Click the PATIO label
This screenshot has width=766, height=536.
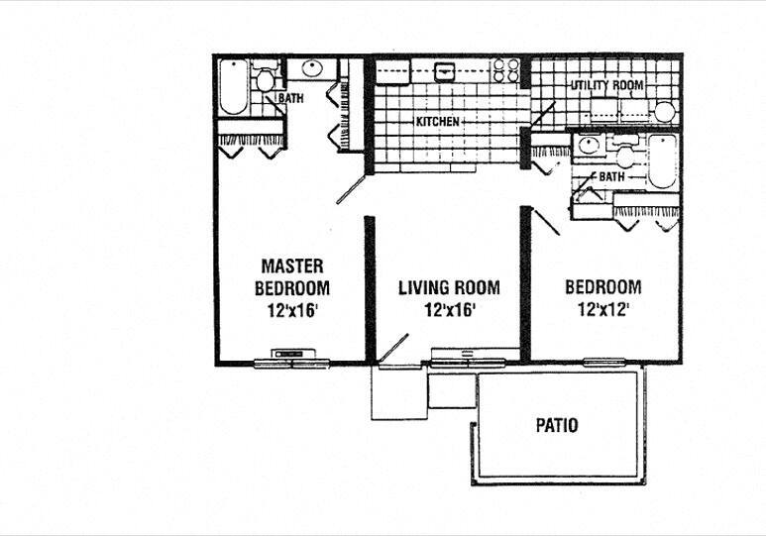[x=556, y=426]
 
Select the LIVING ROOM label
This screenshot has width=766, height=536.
[x=449, y=288]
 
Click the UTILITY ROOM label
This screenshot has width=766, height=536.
[x=606, y=86]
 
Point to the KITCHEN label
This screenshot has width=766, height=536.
[x=437, y=122]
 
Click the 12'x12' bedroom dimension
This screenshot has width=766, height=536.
[x=602, y=309]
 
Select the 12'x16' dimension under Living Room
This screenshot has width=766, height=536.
[x=448, y=310]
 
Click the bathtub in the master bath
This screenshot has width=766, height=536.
[x=232, y=88]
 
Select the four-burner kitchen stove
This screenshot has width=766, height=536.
[x=506, y=69]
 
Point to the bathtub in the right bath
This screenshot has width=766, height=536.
[x=661, y=161]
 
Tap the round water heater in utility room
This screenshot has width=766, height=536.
[x=664, y=112]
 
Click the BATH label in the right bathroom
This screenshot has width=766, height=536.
[x=611, y=176]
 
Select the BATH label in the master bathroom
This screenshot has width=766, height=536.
[x=290, y=99]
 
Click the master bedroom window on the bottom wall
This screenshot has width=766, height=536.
[x=291, y=361]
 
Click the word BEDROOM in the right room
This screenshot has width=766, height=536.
[x=602, y=288]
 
